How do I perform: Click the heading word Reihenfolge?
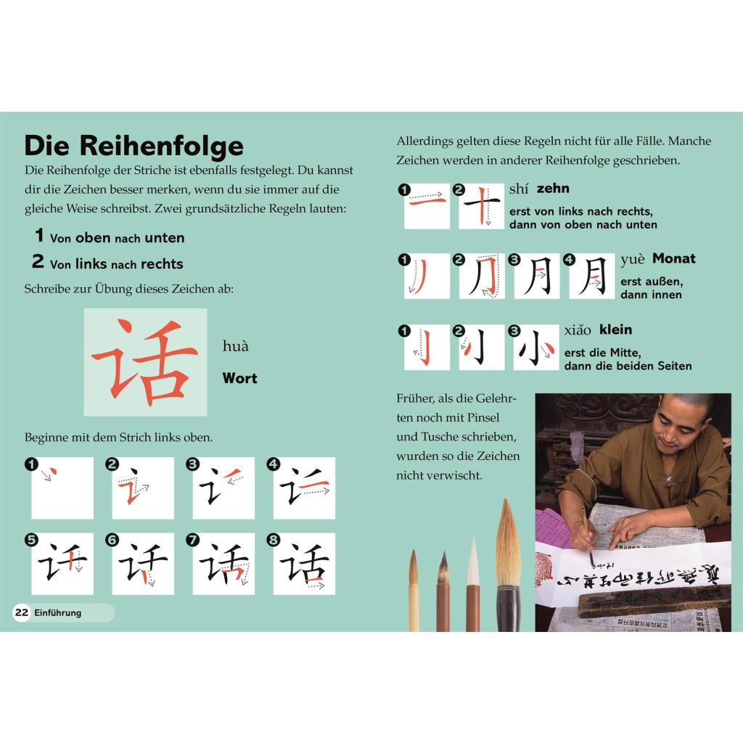click(161, 146)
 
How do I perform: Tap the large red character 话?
click(145, 363)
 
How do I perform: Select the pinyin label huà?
click(236, 346)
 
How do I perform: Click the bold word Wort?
click(239, 378)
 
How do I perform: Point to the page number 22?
click(21, 612)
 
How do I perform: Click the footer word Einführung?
click(58, 612)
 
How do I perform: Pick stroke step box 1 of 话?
click(62, 488)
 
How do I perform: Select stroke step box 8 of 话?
click(304, 563)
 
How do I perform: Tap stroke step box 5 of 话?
click(62, 563)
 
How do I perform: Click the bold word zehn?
click(553, 188)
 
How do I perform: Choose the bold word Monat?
click(674, 258)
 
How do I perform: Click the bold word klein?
click(615, 329)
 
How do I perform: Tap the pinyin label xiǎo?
click(578, 330)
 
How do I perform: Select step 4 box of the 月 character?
click(592, 276)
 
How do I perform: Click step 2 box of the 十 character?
click(482, 206)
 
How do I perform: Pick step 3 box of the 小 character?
click(536, 348)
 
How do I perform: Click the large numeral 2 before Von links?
click(38, 261)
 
